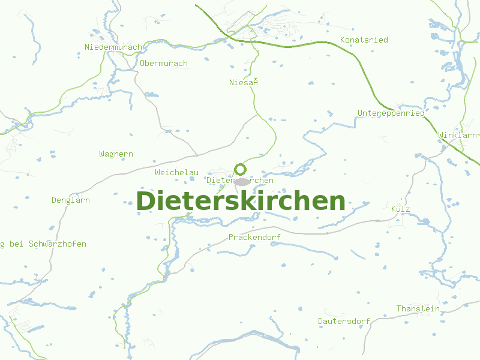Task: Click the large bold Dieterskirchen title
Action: pyautogui.click(x=241, y=201)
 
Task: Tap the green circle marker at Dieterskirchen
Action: pyautogui.click(x=241, y=169)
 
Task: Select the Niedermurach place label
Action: pyautogui.click(x=113, y=47)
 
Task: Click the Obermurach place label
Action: pyautogui.click(x=163, y=63)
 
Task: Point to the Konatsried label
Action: pyautogui.click(x=364, y=40)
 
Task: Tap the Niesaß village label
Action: pyautogui.click(x=243, y=82)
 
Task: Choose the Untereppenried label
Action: pyautogui.click(x=391, y=113)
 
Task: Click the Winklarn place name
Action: pyautogui.click(x=458, y=135)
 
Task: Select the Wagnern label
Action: pyautogui.click(x=116, y=154)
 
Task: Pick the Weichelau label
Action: pyautogui.click(x=176, y=172)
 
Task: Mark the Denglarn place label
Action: pyautogui.click(x=70, y=200)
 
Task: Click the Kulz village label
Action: pyautogui.click(x=400, y=209)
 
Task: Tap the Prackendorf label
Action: pyautogui.click(x=254, y=237)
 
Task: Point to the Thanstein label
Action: pyautogui.click(x=418, y=308)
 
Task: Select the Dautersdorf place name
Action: pyautogui.click(x=344, y=321)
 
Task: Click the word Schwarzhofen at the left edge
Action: pyautogui.click(x=57, y=244)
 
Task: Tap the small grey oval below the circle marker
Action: pyautogui.click(x=242, y=181)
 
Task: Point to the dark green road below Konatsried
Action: pyautogui.click(x=336, y=44)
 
